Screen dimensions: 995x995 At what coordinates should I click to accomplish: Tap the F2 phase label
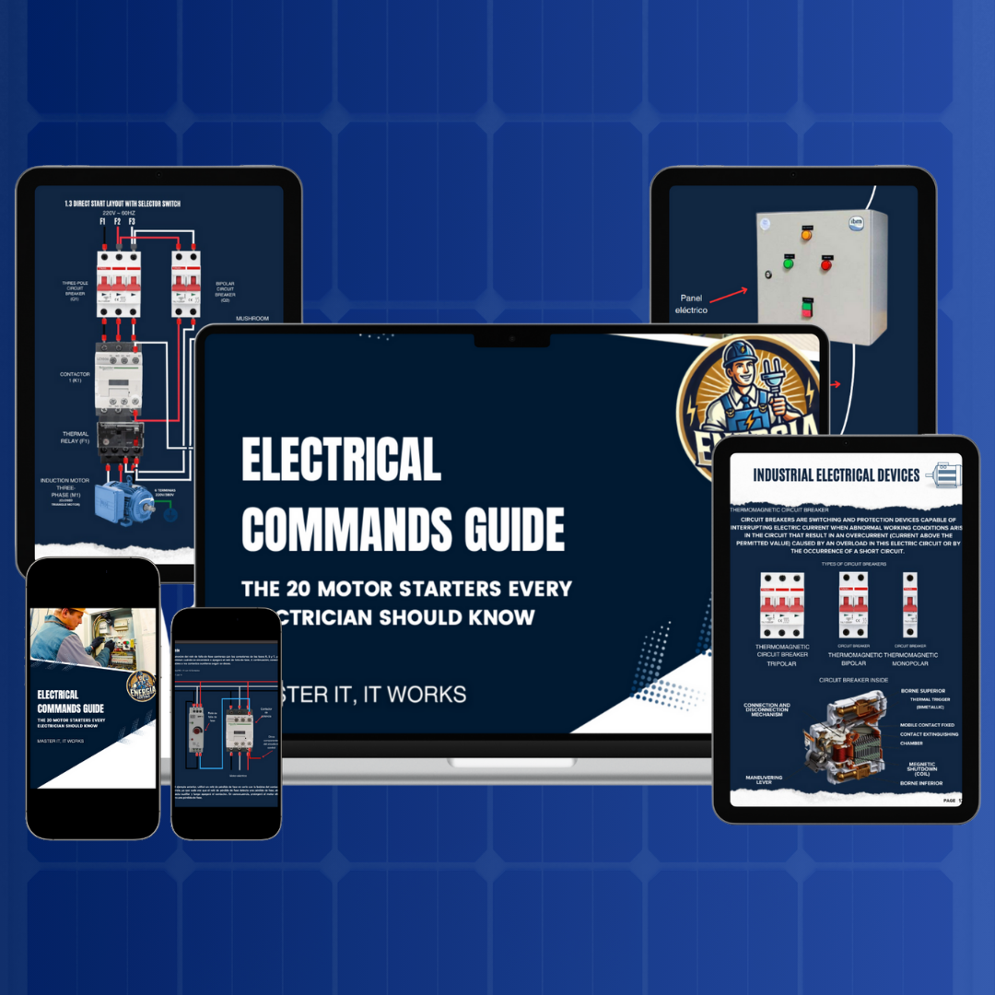117,222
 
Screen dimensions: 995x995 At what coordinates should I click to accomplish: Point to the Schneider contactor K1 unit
116,377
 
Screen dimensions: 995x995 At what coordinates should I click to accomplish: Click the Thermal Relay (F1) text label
76,437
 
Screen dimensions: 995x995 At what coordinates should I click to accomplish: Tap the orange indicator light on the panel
805,234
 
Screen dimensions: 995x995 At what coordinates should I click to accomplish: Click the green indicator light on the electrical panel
788,263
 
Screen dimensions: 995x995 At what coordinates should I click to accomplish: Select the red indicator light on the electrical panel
825,265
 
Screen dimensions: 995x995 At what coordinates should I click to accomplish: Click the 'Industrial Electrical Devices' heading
836,475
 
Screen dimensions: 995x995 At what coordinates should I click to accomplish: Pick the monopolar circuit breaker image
909,605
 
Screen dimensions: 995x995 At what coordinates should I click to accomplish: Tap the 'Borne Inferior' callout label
922,783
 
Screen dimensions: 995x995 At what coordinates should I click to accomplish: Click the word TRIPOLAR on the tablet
781,663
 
